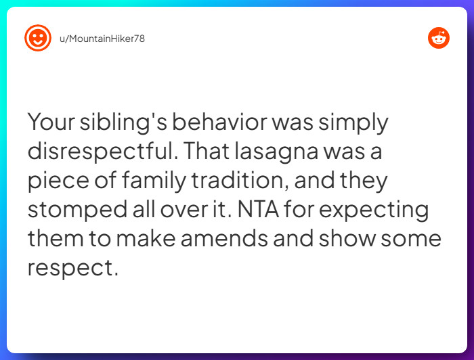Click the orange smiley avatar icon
point(38,38)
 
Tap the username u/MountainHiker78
point(102,39)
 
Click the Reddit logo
point(439,38)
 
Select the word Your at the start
point(51,123)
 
